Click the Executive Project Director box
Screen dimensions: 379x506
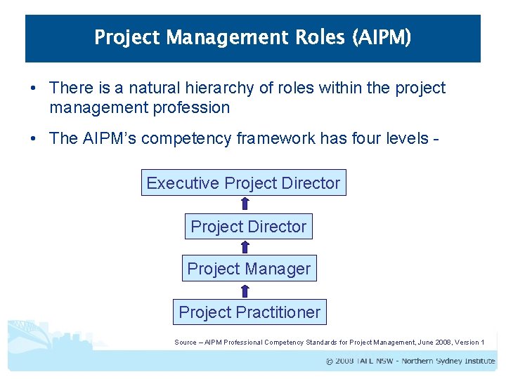[x=243, y=183]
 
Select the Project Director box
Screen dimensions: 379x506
[x=248, y=227]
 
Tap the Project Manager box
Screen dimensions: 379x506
[x=249, y=269]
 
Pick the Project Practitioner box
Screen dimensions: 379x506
[x=249, y=312]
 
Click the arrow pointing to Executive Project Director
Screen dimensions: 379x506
[x=245, y=204]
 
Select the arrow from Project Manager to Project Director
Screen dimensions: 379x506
[x=245, y=247]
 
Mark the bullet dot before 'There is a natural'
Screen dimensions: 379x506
[x=34, y=89]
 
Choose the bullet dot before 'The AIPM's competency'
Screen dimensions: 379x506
[x=34, y=139]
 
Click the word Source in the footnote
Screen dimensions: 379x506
[x=186, y=343]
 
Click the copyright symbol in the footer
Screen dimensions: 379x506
[x=330, y=361]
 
